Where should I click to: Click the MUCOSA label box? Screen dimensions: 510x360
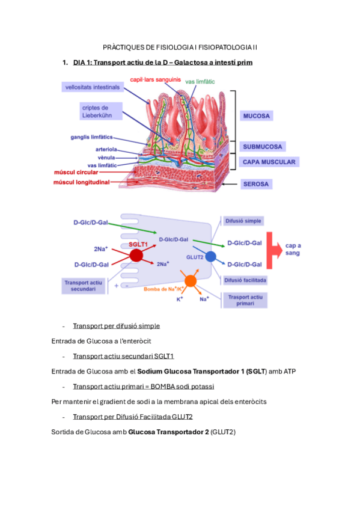click(257, 115)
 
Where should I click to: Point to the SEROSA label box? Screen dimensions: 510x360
click(256, 183)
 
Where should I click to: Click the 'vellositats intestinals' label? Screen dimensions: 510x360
click(93, 87)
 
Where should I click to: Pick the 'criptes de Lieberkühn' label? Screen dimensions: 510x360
click(100, 111)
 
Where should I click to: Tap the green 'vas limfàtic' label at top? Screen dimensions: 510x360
click(200, 81)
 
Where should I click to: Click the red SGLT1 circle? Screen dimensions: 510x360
click(136, 255)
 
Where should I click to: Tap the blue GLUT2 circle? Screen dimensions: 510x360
click(210, 256)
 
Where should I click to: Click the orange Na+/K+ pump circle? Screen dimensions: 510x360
click(191, 281)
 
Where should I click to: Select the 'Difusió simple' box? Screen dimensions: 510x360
click(243, 221)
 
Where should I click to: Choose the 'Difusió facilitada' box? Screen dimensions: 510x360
click(245, 280)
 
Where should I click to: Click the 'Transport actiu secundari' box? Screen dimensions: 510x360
click(88, 285)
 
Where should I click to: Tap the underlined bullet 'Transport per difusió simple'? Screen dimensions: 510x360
click(116, 326)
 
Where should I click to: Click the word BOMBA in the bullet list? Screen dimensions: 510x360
click(156, 386)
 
